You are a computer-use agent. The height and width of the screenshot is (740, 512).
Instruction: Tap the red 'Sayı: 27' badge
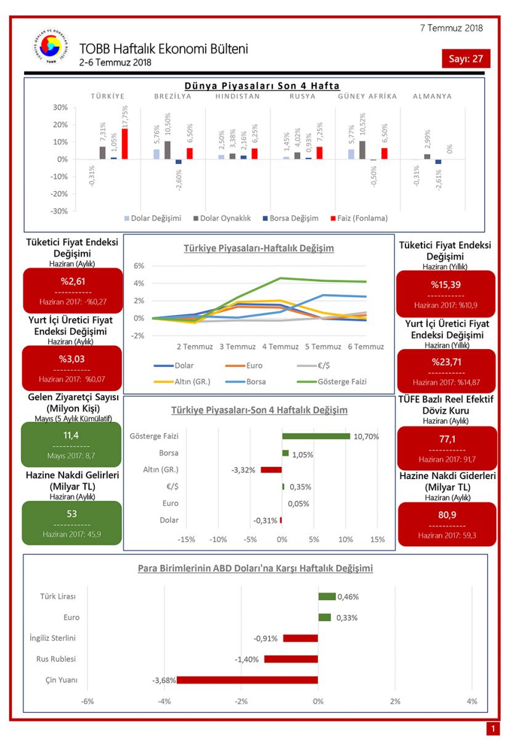coord(466,59)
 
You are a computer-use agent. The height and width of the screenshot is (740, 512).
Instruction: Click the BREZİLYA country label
coord(173,96)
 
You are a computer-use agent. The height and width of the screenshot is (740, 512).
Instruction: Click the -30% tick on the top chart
coord(59,211)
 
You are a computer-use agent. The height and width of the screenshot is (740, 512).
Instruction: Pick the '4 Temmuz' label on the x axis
coord(280,347)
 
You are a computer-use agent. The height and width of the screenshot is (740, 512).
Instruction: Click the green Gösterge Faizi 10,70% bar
coord(316,436)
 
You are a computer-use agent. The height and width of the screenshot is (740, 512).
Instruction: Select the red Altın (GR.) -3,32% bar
coord(271,470)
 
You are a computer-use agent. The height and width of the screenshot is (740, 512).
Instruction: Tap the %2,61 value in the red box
coord(72,282)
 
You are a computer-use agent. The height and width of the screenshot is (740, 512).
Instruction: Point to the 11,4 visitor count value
coord(71,436)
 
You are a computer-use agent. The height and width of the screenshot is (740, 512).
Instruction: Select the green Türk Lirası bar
coord(327,596)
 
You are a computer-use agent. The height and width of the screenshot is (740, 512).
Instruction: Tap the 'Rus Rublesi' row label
coord(56,659)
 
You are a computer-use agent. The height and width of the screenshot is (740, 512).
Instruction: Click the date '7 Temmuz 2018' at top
coord(451,28)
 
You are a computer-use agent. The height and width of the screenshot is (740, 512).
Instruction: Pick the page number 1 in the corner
coord(493,729)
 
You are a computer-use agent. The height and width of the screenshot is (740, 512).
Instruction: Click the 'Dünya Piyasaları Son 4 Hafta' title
coord(262,86)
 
